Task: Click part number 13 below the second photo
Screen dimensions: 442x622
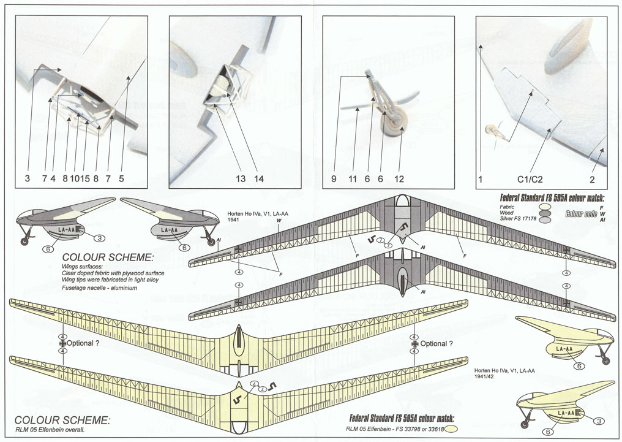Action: (241, 179)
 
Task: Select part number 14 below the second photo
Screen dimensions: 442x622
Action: (259, 179)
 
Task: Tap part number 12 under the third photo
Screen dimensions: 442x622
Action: (399, 179)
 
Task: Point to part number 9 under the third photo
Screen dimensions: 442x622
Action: (334, 179)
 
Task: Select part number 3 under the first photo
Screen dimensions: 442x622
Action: (27, 179)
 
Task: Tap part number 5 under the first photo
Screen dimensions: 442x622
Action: (121, 179)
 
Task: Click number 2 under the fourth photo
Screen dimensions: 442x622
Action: (592, 179)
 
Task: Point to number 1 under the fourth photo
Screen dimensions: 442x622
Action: (481, 179)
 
